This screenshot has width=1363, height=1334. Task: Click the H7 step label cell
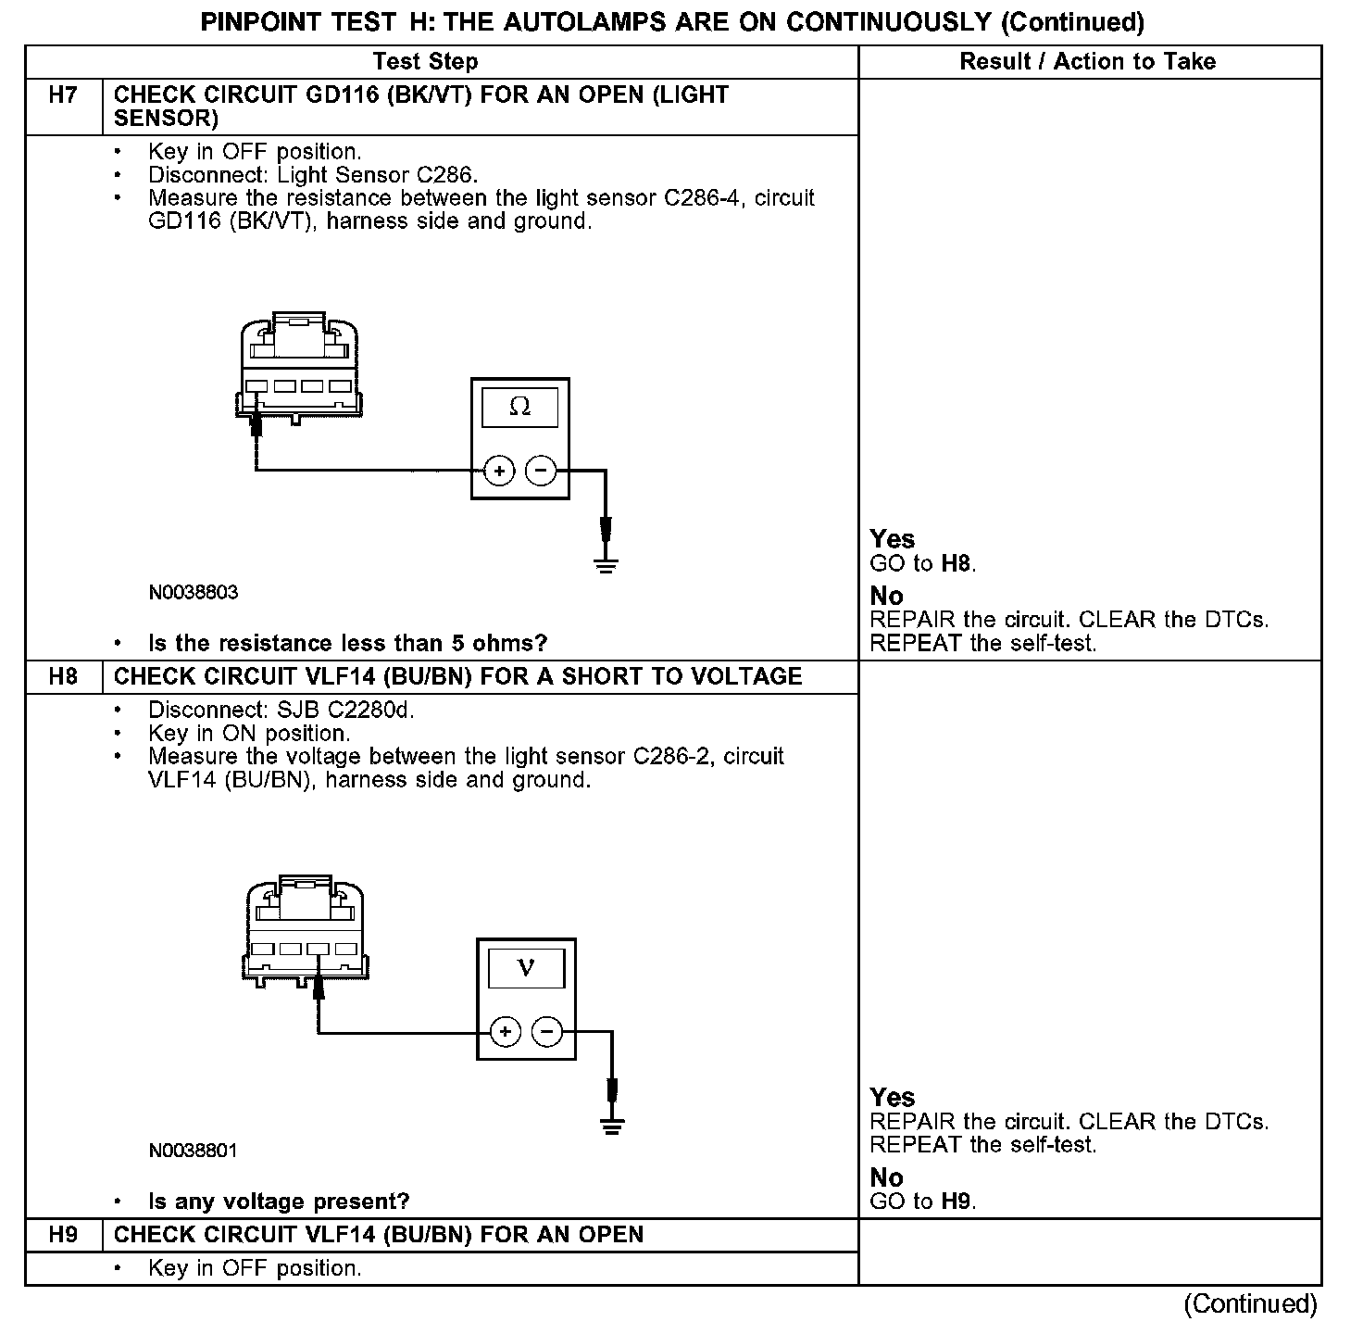[x=62, y=95]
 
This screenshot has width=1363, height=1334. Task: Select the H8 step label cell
[x=62, y=676]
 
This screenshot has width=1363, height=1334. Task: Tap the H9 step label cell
[x=62, y=1235]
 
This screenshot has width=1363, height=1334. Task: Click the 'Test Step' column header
[x=425, y=62]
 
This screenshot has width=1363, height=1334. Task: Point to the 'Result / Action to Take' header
[x=1087, y=62]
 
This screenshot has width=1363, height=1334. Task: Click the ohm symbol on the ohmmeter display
[x=520, y=407]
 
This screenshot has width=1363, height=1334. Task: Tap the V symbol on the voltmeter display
[x=526, y=968]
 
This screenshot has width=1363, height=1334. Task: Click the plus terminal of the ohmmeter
[x=499, y=472]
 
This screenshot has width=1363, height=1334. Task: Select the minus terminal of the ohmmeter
[x=541, y=472]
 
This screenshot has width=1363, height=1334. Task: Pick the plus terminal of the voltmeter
[x=505, y=1032]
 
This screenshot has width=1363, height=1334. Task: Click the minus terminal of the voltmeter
[x=547, y=1032]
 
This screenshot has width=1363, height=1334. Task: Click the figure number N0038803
[x=193, y=593]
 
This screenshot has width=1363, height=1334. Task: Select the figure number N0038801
[x=193, y=1152]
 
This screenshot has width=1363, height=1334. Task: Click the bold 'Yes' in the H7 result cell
[x=892, y=540]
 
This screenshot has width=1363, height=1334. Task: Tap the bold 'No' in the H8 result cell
[x=886, y=1177]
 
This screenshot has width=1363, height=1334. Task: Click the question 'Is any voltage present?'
[x=279, y=1202]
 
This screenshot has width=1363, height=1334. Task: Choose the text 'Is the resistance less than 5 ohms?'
[x=347, y=644]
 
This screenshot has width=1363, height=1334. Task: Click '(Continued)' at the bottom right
[x=1250, y=1304]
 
